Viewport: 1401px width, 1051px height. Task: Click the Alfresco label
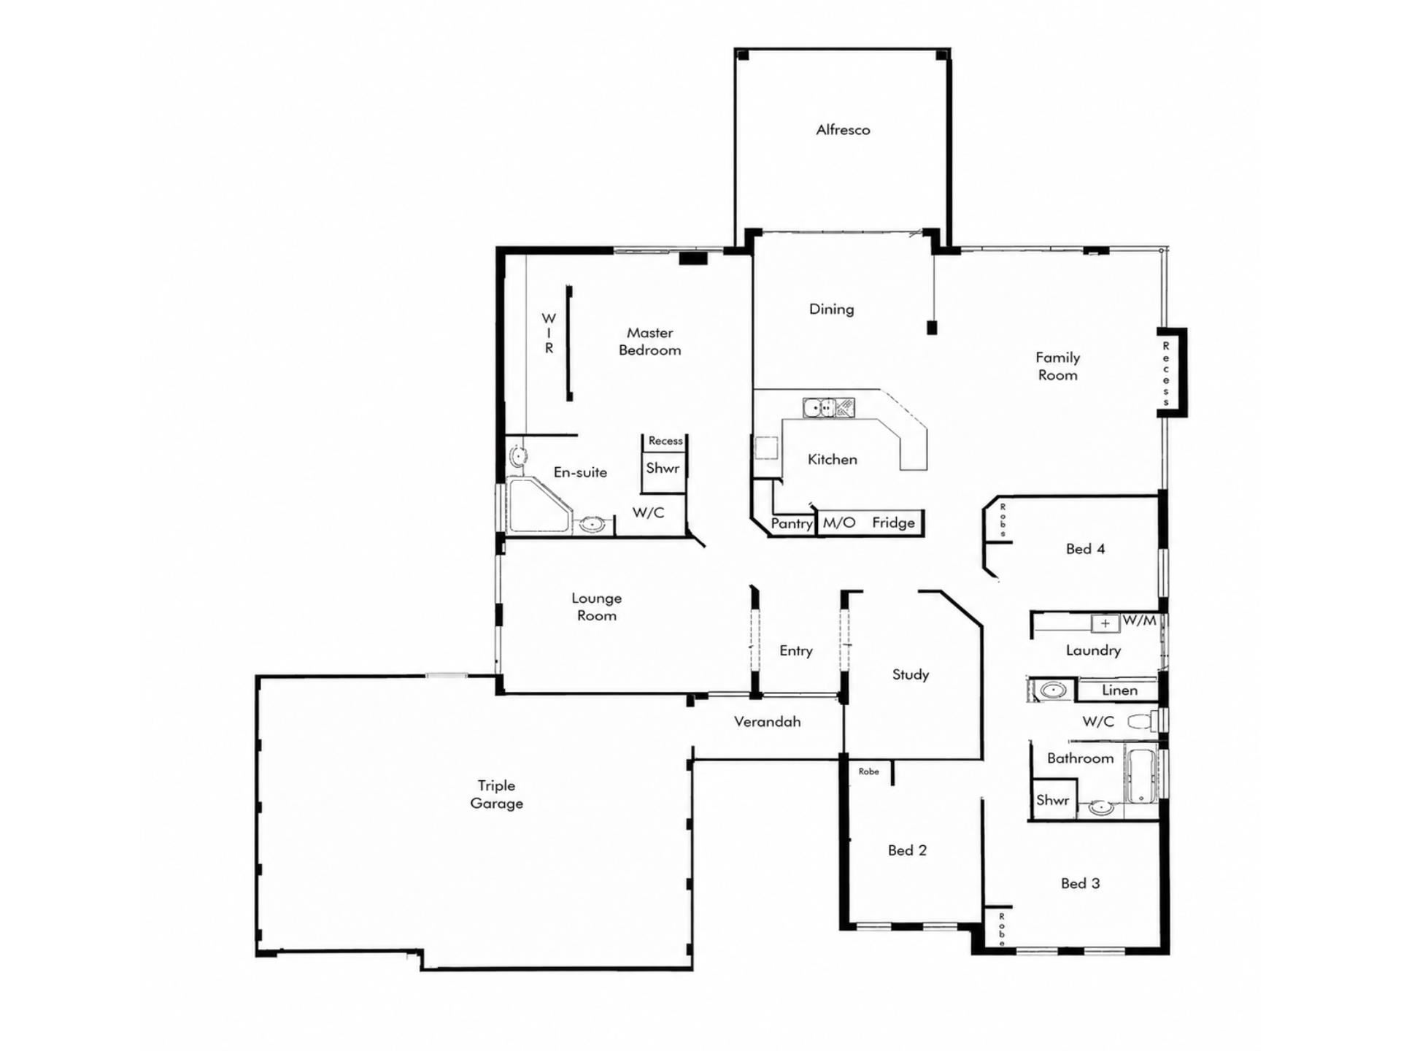pyautogui.click(x=843, y=130)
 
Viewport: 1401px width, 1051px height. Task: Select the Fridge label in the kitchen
pyautogui.click(x=893, y=523)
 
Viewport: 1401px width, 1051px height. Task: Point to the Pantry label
pyautogui.click(x=792, y=523)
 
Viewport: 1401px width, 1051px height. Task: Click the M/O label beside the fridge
pyautogui.click(x=839, y=523)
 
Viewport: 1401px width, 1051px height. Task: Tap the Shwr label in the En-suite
pyautogui.click(x=663, y=468)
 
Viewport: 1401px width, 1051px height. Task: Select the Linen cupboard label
pyautogui.click(x=1119, y=690)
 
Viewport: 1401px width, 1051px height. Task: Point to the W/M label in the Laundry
pyautogui.click(x=1139, y=620)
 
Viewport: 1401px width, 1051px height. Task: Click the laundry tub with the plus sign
pyautogui.click(x=1105, y=623)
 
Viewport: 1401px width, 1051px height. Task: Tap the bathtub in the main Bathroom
pyautogui.click(x=1141, y=774)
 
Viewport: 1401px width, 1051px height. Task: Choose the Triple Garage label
pyautogui.click(x=496, y=794)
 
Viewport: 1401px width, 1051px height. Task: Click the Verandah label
pyautogui.click(x=767, y=722)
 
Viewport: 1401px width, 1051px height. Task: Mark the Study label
pyautogui.click(x=911, y=674)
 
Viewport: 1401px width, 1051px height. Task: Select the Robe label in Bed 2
pyautogui.click(x=868, y=771)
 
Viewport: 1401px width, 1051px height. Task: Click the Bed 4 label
pyautogui.click(x=1085, y=549)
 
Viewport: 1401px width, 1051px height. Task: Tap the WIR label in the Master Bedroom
pyautogui.click(x=549, y=334)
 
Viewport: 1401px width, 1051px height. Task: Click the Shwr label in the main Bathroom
pyautogui.click(x=1052, y=800)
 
